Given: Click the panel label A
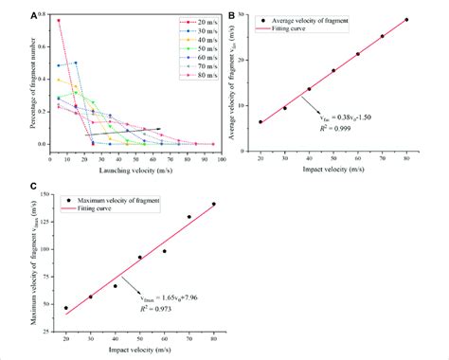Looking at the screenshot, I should pyautogui.click(x=34, y=15).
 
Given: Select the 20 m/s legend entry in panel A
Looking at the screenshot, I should pyautogui.click(x=189, y=20).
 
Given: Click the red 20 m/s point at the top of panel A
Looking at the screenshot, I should pyautogui.click(x=59, y=20).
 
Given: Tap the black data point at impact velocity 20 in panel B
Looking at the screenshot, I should pyautogui.click(x=260, y=122).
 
